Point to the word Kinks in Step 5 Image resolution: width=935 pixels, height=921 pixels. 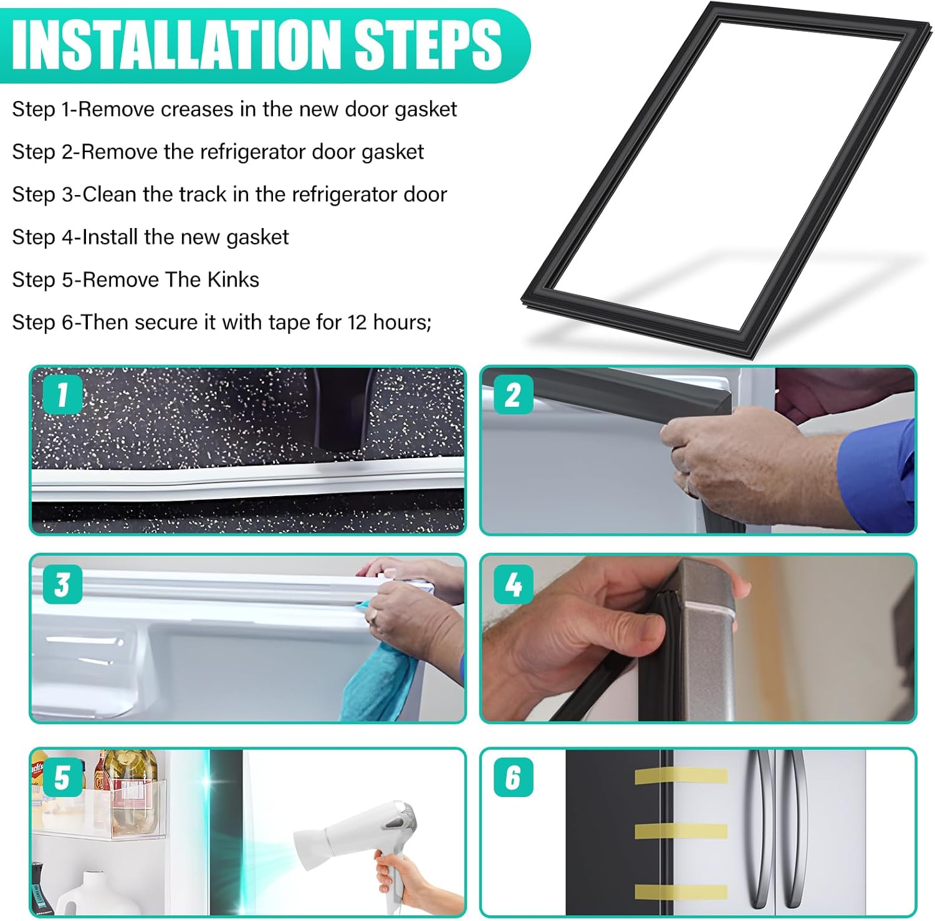click(x=233, y=279)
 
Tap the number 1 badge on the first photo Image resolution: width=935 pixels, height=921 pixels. click(x=62, y=394)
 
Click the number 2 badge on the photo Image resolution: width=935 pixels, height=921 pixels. click(x=513, y=394)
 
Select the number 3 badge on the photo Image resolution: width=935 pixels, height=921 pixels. click(x=62, y=585)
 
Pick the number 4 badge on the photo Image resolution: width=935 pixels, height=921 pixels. click(x=513, y=585)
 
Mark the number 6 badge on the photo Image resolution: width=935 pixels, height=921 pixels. click(x=513, y=778)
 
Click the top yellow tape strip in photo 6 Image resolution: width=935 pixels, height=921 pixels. click(x=681, y=776)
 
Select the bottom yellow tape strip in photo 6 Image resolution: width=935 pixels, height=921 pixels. click(x=681, y=892)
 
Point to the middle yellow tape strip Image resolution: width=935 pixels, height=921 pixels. click(x=681, y=831)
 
